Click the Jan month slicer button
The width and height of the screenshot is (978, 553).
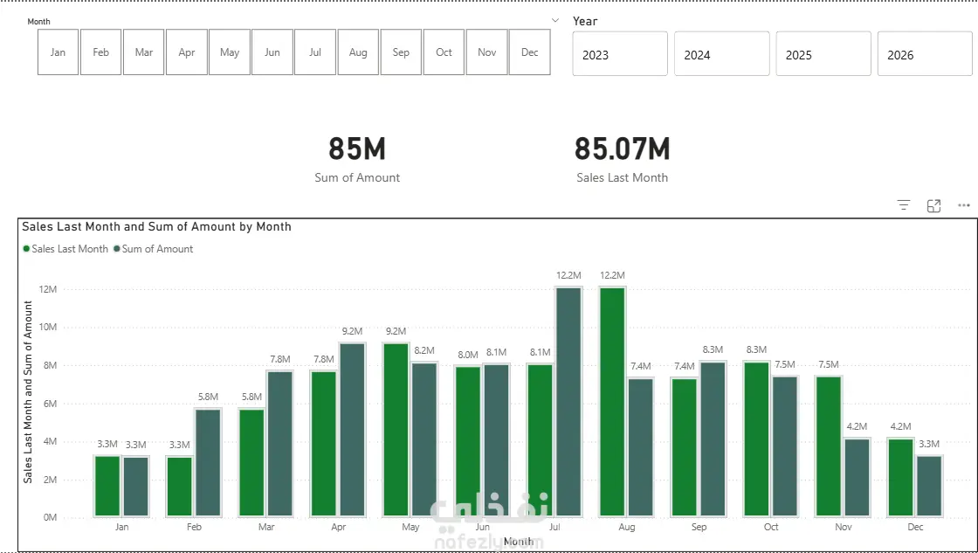point(58,52)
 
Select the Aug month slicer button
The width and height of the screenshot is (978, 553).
point(358,52)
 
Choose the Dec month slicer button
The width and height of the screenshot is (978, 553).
point(529,52)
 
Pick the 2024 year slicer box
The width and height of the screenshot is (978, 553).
point(721,54)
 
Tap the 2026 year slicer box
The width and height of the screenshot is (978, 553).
point(925,54)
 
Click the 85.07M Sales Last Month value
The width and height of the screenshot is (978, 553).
point(622,149)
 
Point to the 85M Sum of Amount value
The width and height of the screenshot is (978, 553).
point(357,149)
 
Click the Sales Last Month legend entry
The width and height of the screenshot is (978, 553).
point(65,249)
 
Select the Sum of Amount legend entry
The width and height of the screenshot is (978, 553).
point(154,249)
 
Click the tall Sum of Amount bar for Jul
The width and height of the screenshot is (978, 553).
point(568,401)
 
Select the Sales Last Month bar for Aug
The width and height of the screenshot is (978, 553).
point(612,401)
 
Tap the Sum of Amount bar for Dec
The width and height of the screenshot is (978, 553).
point(929,487)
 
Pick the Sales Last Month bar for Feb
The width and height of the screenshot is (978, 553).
point(180,487)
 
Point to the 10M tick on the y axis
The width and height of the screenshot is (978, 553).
point(48,327)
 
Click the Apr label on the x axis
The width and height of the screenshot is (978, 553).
point(338,528)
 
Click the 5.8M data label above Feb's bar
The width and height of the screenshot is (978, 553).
point(209,397)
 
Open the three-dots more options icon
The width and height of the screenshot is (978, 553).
point(964,205)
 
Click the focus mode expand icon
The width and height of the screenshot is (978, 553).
point(933,206)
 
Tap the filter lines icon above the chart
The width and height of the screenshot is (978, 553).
point(904,205)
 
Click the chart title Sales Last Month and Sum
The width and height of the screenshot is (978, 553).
point(156,226)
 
